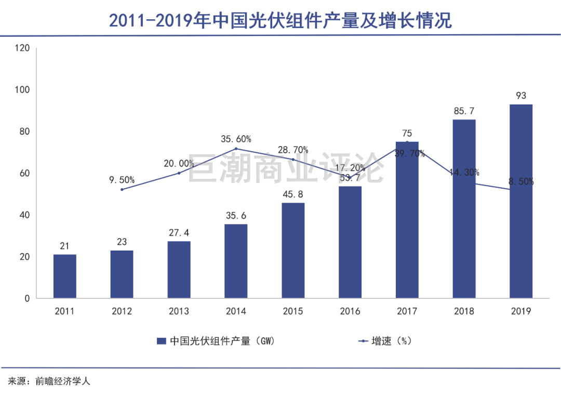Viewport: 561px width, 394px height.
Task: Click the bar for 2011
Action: point(64,277)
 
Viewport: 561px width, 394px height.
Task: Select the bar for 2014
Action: point(236,261)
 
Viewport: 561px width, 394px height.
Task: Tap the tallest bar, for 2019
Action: point(521,201)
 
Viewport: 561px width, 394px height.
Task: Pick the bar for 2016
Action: point(350,242)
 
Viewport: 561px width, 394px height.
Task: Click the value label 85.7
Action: point(464,111)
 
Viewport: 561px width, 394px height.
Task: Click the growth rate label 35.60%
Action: point(236,139)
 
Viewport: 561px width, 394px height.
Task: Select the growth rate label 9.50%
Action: point(122,180)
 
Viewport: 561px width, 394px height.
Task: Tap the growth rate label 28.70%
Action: point(293,150)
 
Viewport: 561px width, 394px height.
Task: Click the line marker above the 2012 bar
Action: point(122,189)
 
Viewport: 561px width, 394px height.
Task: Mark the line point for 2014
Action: point(236,149)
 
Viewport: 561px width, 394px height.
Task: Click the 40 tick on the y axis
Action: point(24,215)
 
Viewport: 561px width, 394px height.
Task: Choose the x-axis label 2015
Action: point(293,311)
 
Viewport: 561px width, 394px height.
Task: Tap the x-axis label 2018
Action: point(464,311)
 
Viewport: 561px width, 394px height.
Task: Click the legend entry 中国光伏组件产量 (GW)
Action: point(215,342)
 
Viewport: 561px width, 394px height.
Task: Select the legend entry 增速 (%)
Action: point(385,342)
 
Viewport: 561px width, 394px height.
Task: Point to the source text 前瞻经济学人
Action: point(63,381)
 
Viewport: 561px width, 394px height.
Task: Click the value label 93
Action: point(521,96)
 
